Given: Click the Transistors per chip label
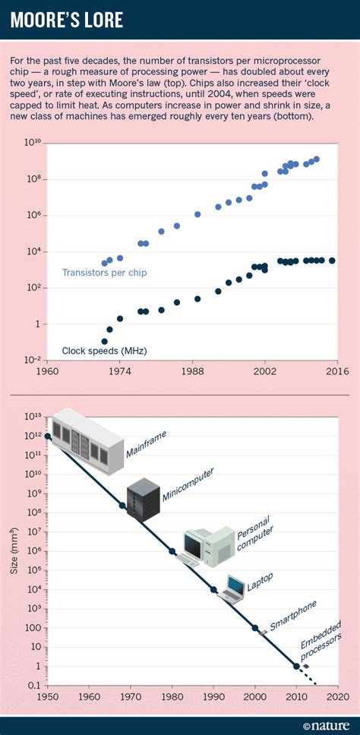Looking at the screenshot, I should (x=104, y=273).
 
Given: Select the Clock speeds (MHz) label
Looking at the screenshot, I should (x=104, y=351).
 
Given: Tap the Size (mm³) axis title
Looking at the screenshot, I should (x=14, y=550).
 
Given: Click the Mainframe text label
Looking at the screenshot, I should (x=146, y=446).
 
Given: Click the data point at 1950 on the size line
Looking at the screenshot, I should (x=49, y=436).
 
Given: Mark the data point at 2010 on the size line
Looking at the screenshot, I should (x=296, y=666).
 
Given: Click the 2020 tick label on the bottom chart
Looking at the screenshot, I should (x=337, y=696).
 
